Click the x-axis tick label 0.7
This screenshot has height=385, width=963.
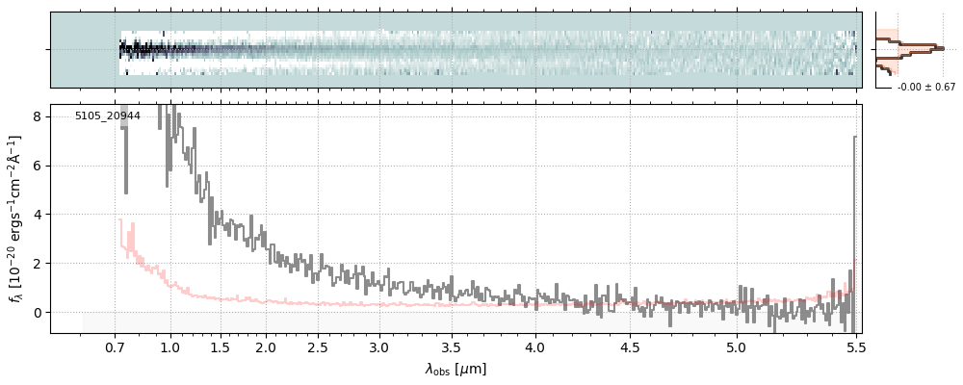(115, 346)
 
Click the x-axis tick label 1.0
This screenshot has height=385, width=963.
(170, 346)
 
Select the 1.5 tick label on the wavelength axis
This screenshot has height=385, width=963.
(220, 346)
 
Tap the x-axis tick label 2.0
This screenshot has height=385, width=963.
(266, 346)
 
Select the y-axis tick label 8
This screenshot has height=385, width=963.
(38, 116)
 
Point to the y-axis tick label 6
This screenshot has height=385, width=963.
(38, 166)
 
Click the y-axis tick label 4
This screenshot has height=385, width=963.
(38, 215)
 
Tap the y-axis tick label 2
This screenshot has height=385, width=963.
(38, 264)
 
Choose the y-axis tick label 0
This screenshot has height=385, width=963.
(38, 313)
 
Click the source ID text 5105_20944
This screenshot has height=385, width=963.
(108, 116)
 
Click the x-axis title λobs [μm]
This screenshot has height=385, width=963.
(455, 369)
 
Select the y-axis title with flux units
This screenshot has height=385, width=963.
(15, 219)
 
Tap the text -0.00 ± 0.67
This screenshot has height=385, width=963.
(926, 88)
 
